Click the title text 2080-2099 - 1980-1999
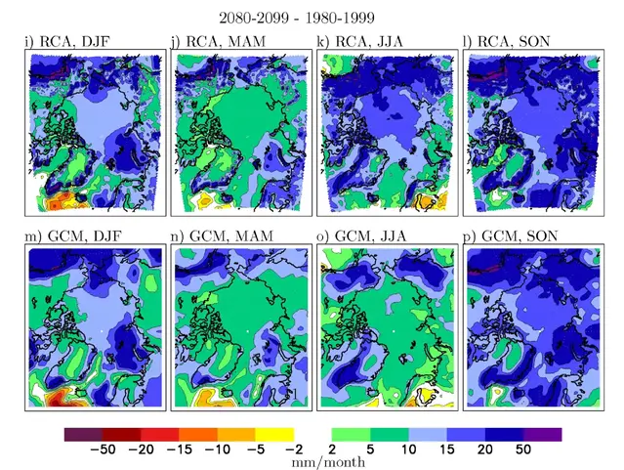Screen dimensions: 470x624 [311, 17]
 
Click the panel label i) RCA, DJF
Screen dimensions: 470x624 [69, 41]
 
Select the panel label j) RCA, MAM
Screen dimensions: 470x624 [219, 41]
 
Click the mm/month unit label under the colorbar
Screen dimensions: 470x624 [329, 462]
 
